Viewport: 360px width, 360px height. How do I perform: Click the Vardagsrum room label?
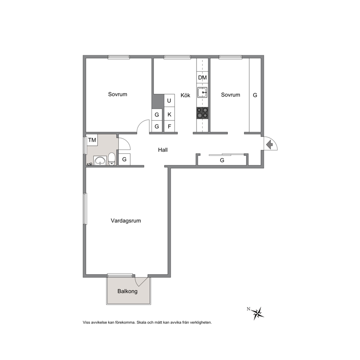coord(126,221)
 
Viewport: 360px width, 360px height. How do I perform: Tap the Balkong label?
coord(127,291)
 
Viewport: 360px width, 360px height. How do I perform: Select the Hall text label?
coord(163,150)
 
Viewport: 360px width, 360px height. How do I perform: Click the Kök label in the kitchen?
coord(185,95)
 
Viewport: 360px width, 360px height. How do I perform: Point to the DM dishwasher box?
coord(202,78)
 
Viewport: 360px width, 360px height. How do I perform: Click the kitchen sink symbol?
coord(202,93)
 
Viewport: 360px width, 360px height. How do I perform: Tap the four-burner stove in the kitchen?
coord(202,113)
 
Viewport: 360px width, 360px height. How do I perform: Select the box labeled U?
coord(169,101)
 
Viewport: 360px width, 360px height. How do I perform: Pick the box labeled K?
coord(169,114)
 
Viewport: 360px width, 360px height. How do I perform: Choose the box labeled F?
coord(169,126)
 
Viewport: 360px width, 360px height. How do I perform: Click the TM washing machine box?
coord(92,140)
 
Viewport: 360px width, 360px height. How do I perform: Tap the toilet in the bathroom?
coord(112,159)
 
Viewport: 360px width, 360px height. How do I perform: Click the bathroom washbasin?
coord(100,160)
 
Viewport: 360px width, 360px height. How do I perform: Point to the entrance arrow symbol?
coord(269,145)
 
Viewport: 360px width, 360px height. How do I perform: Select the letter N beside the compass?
coord(249,309)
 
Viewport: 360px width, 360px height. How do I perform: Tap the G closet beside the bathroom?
coord(124,159)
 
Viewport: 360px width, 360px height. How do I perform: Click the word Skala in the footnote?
coord(142,322)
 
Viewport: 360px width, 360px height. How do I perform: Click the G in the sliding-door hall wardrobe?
coord(222,160)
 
